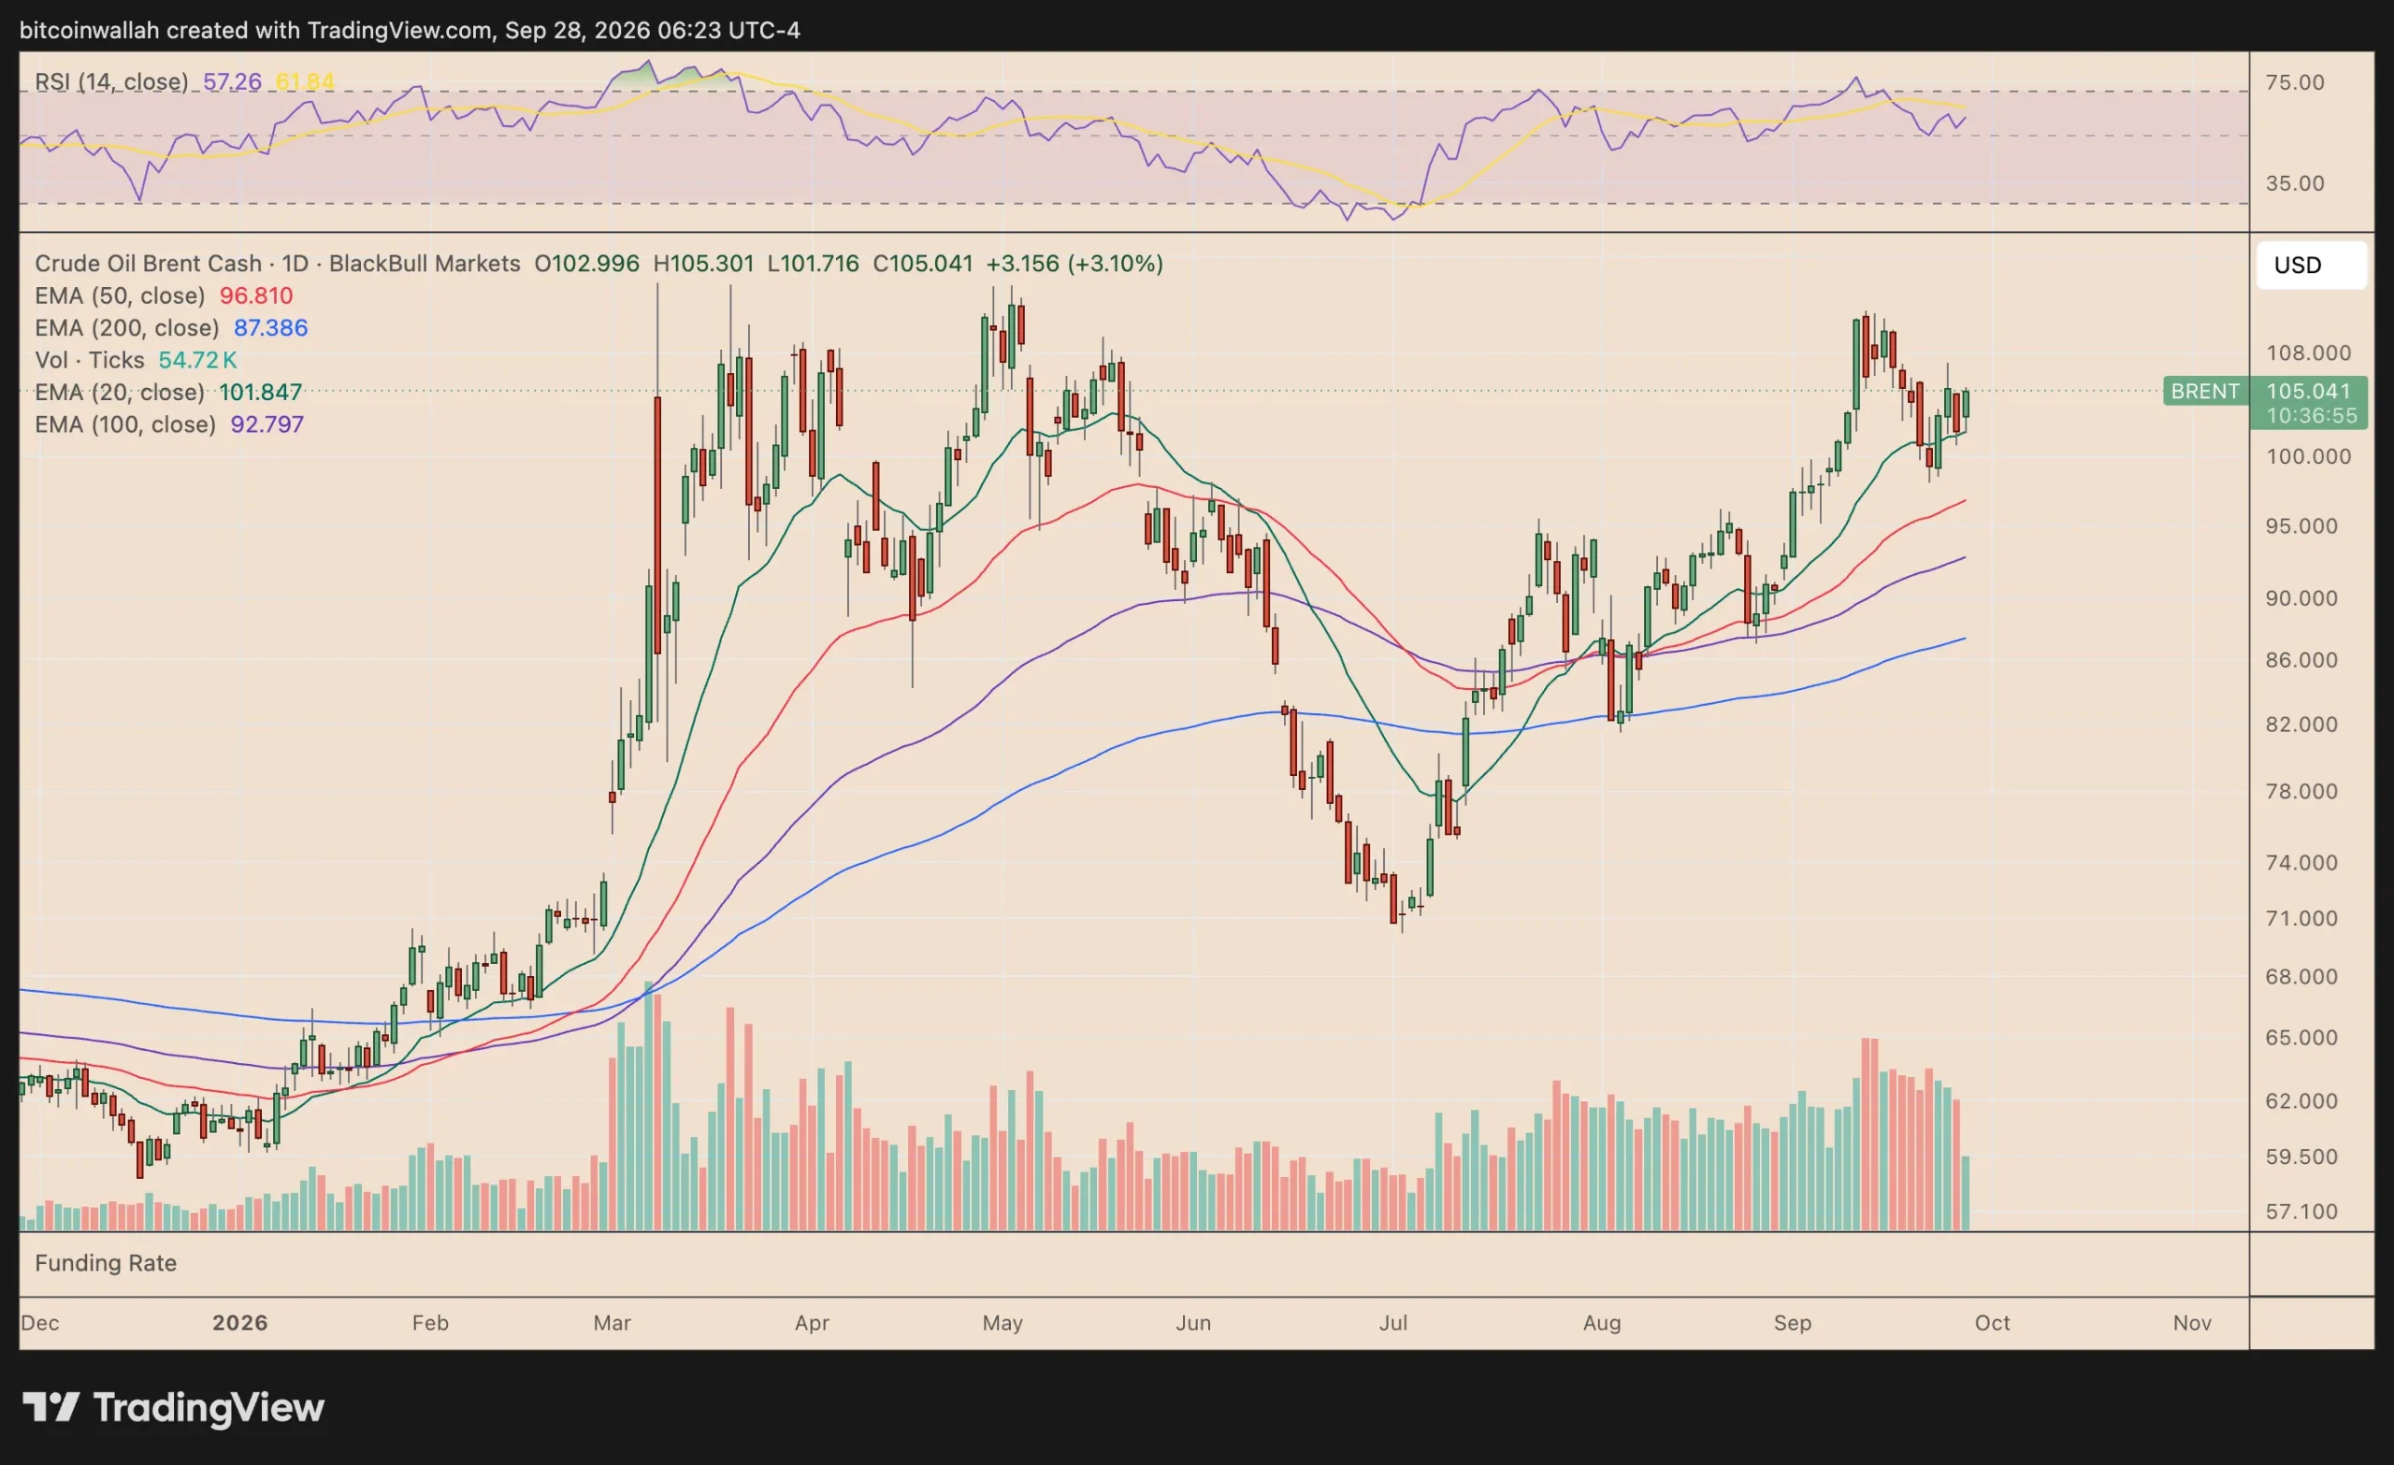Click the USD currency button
pos(2311,266)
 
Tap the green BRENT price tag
pos(2205,391)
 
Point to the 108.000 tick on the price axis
pos(2309,352)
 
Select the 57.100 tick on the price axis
pos(2301,1212)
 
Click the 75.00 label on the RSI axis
pos(2295,82)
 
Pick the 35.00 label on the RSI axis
pos(2295,183)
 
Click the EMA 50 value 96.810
pos(255,295)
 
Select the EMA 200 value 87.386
pos(270,327)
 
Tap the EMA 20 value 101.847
pos(260,392)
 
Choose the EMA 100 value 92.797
pos(267,424)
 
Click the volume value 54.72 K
pos(197,361)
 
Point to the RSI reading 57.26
pos(232,81)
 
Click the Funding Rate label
pos(106,1263)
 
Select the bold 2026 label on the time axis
pos(240,1322)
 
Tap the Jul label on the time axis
pos(1393,1322)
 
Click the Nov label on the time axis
pos(2192,1322)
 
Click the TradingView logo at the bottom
pos(174,1408)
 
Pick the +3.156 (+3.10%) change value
pos(1074,264)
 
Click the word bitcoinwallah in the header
pos(89,30)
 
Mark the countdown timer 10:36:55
pos(2312,416)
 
